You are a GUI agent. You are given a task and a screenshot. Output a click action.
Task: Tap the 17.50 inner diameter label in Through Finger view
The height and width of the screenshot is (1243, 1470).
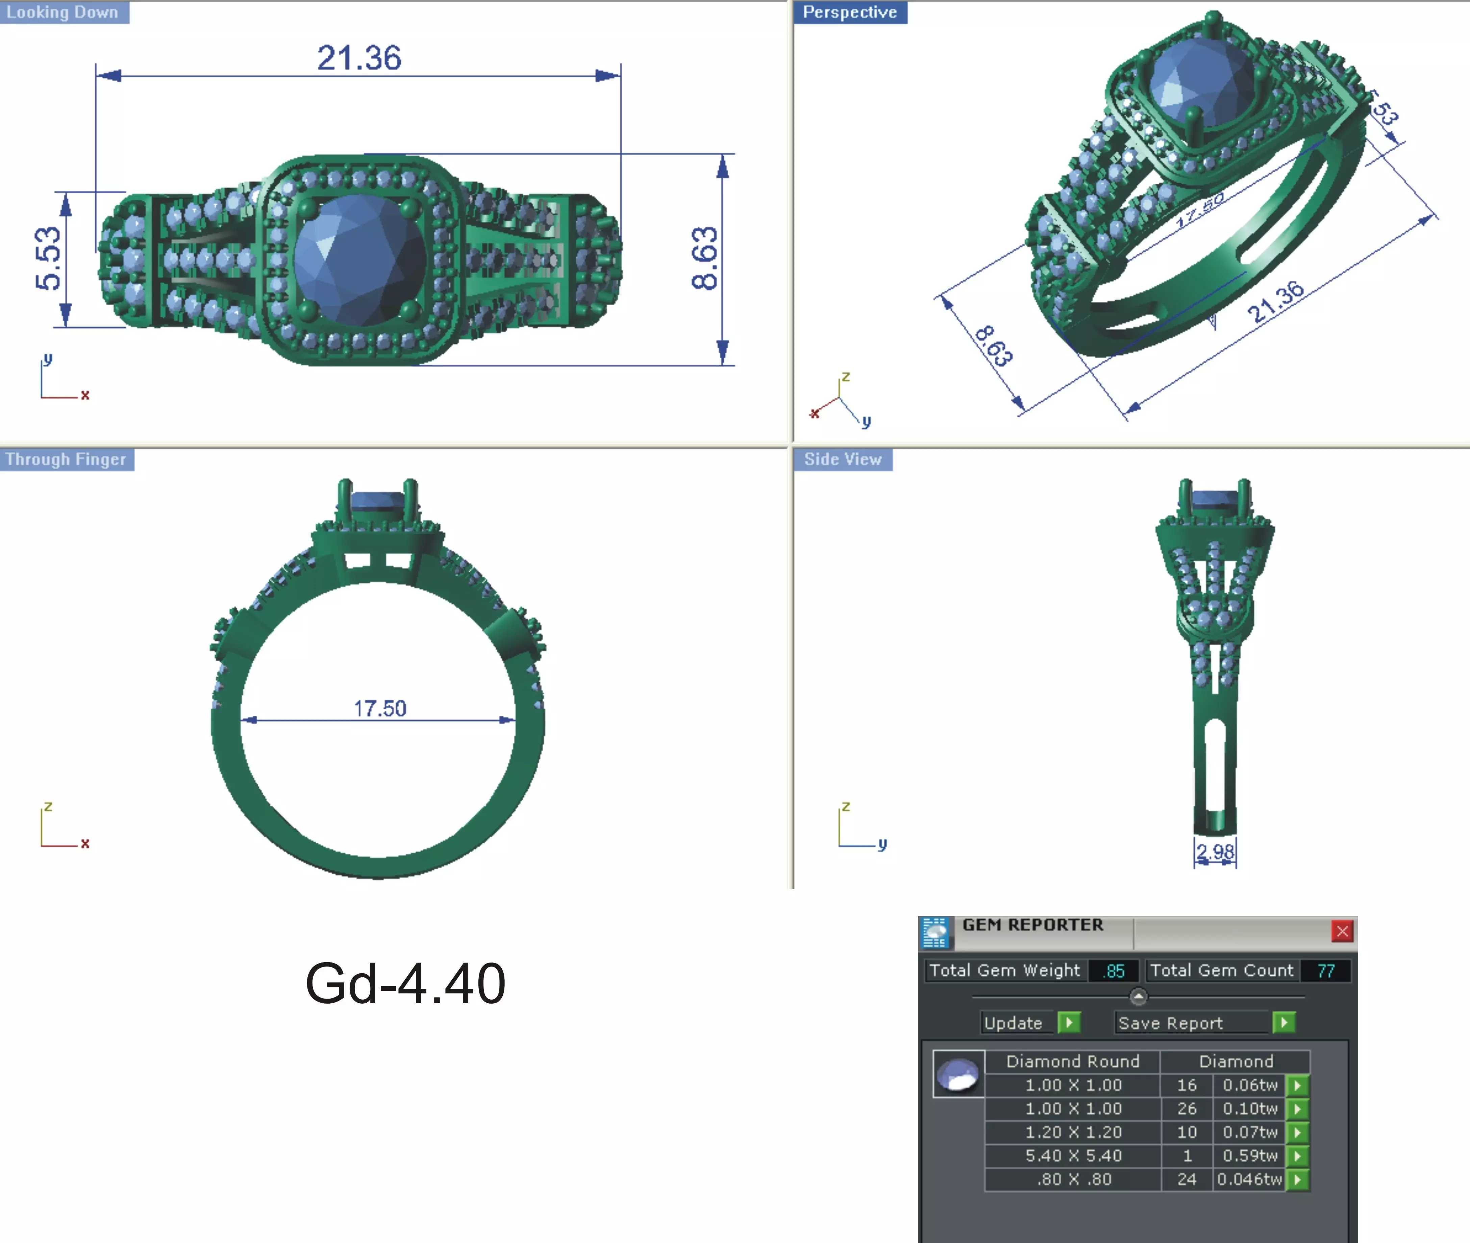[380, 708]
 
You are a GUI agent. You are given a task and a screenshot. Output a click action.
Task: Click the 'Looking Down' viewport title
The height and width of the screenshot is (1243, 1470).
[63, 12]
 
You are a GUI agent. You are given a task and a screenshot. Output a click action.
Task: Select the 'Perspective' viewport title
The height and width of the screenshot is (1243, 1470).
[850, 12]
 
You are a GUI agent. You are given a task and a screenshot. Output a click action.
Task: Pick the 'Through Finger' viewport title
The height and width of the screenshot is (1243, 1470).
[66, 459]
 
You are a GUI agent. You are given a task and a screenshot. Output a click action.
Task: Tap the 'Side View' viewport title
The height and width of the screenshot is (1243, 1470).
[843, 459]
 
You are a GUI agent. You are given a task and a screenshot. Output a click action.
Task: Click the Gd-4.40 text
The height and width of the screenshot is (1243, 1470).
[405, 983]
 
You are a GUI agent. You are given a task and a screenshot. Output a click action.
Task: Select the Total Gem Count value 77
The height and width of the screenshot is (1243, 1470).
[1325, 971]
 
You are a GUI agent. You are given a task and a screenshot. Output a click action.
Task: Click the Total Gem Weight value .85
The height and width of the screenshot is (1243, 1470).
[1114, 971]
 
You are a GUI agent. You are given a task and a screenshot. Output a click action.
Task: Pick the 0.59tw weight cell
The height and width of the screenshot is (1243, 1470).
[1249, 1156]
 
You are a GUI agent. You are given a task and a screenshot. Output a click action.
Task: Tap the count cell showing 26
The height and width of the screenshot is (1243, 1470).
[1187, 1108]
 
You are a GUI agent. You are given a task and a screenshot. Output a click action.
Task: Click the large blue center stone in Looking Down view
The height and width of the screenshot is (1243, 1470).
[359, 259]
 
